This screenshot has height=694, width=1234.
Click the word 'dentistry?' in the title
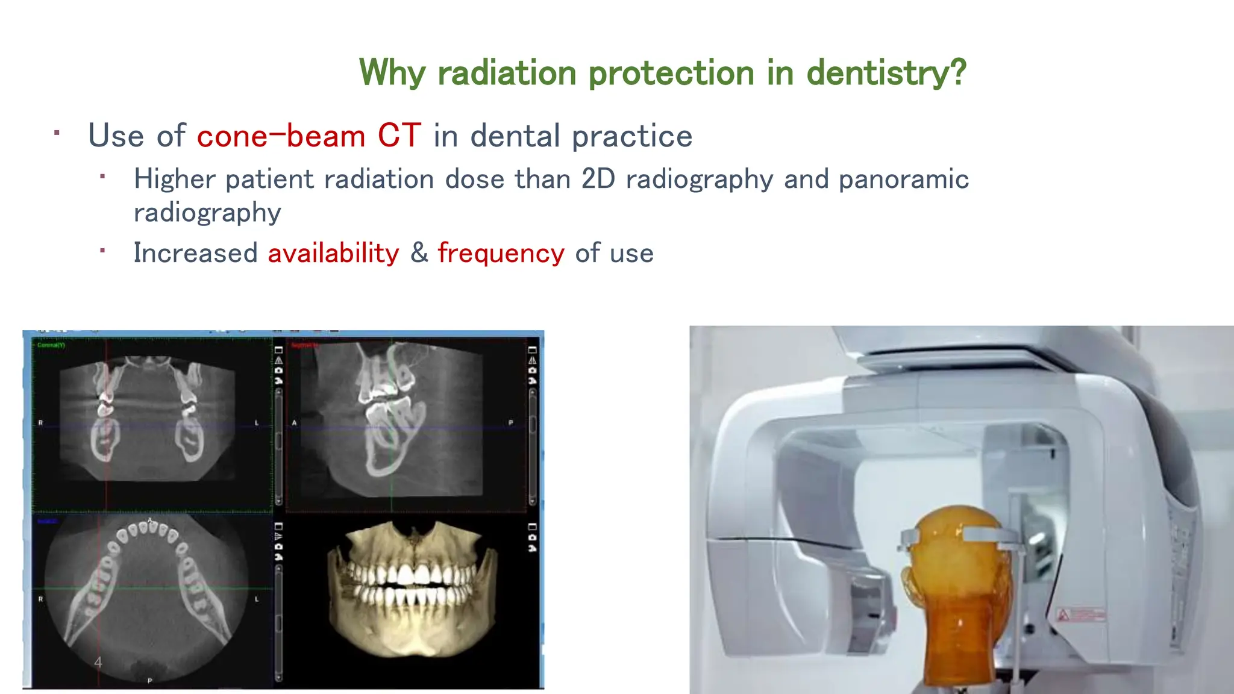pos(886,73)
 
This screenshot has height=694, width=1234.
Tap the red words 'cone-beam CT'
pos(308,136)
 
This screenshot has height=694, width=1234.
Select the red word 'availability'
pos(333,253)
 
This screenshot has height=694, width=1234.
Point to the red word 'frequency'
pos(501,253)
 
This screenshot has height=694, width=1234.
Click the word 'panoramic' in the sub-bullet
pos(903,180)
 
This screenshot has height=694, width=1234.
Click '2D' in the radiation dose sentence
pos(598,180)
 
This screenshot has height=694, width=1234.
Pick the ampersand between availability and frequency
pos(419,253)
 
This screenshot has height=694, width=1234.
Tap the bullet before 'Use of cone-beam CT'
pos(57,133)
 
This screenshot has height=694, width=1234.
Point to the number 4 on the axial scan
pos(98,663)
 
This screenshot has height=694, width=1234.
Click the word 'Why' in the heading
pos(392,73)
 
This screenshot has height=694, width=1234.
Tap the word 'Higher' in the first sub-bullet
pos(175,180)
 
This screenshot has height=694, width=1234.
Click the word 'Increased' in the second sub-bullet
pos(195,253)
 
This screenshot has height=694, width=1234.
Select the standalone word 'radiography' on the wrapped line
pos(207,213)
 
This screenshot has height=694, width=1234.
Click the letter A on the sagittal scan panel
pos(295,423)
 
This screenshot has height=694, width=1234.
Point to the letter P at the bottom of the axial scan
pos(150,680)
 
